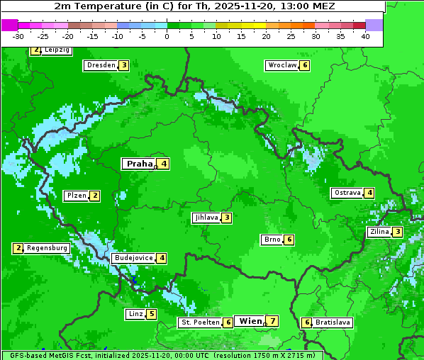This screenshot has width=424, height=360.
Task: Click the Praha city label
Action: [140, 164]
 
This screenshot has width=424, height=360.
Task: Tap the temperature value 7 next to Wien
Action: [272, 321]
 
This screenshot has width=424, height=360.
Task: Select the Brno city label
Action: [272, 240]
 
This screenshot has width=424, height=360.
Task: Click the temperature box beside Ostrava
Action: [369, 193]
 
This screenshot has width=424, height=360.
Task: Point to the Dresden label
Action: [101, 65]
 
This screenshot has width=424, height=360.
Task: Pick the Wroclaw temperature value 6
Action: [305, 65]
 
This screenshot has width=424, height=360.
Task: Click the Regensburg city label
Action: [48, 248]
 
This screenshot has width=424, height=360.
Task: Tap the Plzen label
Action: [76, 196]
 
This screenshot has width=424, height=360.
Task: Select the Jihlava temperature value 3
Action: [226, 218]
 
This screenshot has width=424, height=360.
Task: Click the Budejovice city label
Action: [133, 258]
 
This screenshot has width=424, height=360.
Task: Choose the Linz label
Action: [135, 314]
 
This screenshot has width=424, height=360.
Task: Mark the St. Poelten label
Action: [200, 322]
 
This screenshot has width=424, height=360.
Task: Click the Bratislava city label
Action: [333, 322]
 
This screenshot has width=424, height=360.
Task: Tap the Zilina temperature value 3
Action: [398, 232]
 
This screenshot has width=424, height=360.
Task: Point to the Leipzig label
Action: [56, 50]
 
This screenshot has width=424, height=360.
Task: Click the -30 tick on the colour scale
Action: [18, 36]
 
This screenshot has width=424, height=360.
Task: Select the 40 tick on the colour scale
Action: [365, 36]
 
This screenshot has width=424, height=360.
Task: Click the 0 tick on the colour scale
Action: [167, 36]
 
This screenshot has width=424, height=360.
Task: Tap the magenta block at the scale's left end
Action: [9, 25]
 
